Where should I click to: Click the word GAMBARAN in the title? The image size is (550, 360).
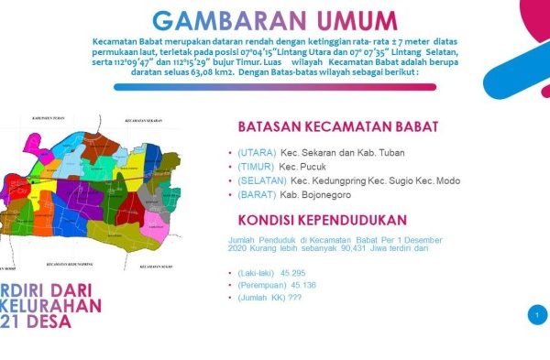click(x=217, y=20)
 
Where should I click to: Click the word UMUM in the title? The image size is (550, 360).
click(x=346, y=20)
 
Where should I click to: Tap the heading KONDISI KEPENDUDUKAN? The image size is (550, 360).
click(x=321, y=220)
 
